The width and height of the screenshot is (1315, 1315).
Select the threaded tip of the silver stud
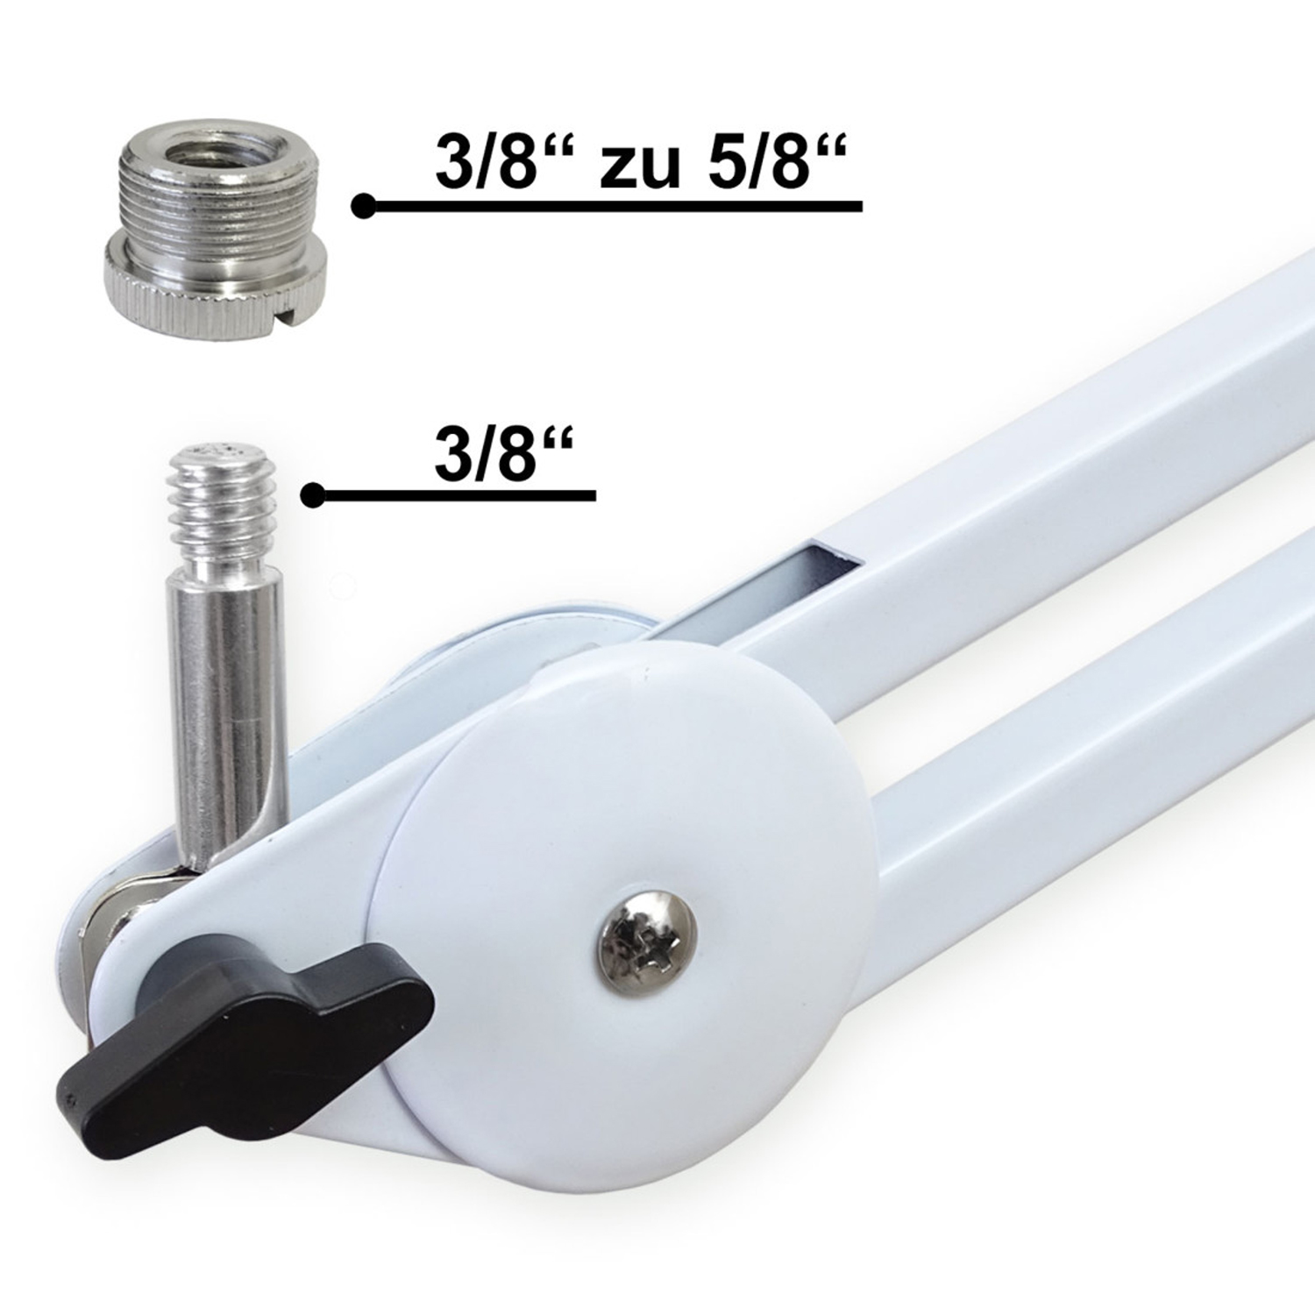point(223,502)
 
